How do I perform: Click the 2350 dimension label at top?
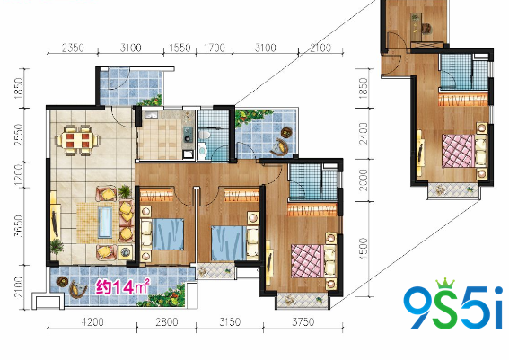[73, 48]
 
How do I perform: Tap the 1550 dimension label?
[180, 48]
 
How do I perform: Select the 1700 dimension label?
[215, 48]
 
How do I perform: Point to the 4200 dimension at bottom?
[92, 322]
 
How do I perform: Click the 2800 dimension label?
[167, 322]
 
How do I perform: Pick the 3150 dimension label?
[230, 322]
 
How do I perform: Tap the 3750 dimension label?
[303, 322]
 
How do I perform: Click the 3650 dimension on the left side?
[19, 225]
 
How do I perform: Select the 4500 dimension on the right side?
[364, 249]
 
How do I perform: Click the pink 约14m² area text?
[123, 286]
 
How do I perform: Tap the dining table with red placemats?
[78, 140]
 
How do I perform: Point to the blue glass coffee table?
[105, 223]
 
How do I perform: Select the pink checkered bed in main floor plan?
[307, 261]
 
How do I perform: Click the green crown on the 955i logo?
[445, 284]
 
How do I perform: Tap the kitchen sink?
[152, 115]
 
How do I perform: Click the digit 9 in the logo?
[417, 307]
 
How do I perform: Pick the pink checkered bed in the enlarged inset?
[459, 151]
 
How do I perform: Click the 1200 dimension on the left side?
[19, 175]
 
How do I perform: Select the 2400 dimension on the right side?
[364, 133]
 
